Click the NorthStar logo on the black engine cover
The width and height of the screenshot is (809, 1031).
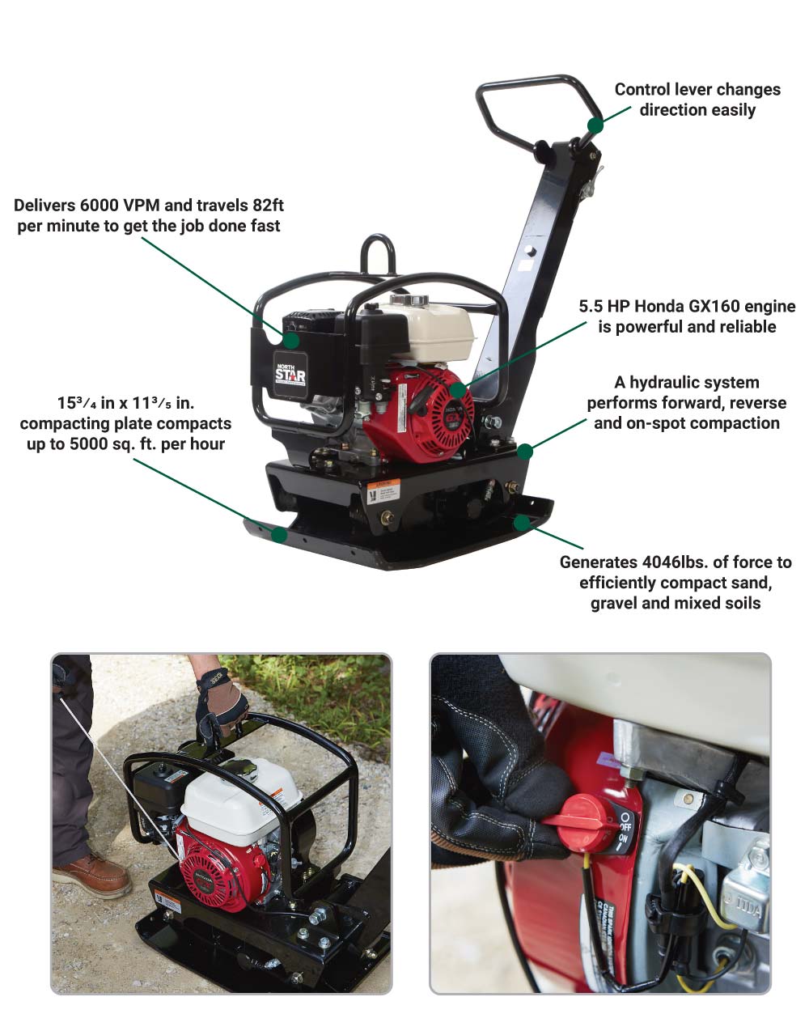pyautogui.click(x=290, y=375)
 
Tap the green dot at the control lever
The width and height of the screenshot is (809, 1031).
pyautogui.click(x=595, y=125)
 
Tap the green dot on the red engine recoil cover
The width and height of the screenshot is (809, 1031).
pyautogui.click(x=458, y=390)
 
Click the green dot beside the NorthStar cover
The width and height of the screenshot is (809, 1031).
pyautogui.click(x=291, y=340)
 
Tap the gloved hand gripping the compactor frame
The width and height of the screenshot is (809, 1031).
pyautogui.click(x=222, y=703)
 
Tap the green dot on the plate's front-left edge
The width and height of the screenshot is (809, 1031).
pyautogui.click(x=279, y=535)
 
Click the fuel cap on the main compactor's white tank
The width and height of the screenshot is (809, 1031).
pyautogui.click(x=409, y=300)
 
